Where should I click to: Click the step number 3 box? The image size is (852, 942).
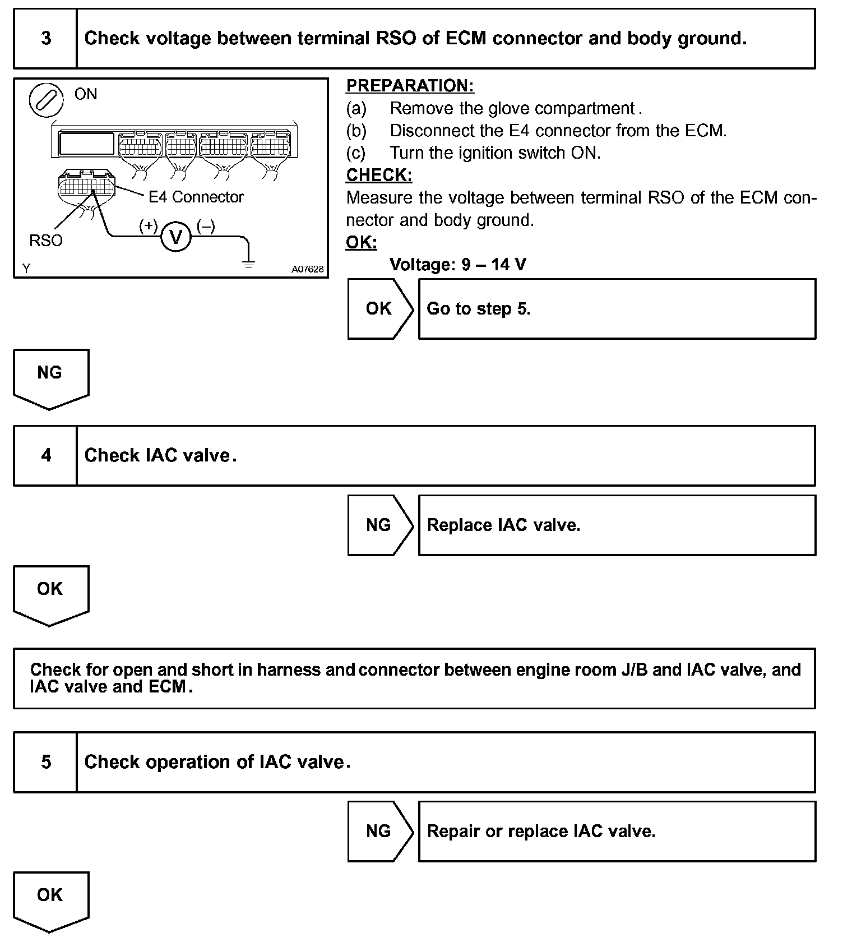45,39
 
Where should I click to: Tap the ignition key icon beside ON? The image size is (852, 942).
46,101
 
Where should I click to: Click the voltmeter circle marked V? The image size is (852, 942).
176,238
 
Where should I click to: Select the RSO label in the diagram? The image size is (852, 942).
46,241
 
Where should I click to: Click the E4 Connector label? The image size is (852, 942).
196,197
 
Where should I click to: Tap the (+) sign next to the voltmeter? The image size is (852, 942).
148,226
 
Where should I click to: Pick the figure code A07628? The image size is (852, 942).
307,269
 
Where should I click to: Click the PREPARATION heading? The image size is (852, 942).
410,86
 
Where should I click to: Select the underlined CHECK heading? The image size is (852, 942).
379,175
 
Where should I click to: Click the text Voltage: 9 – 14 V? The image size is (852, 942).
458,264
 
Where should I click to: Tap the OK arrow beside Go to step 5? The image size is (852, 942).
379,309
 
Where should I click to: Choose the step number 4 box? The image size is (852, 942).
45,455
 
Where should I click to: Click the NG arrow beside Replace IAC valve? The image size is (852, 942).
379,525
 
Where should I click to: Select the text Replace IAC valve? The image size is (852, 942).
503,525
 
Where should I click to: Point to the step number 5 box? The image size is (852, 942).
45,762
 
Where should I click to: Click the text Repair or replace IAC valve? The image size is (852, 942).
541,831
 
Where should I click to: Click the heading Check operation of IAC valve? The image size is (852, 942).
217,762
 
